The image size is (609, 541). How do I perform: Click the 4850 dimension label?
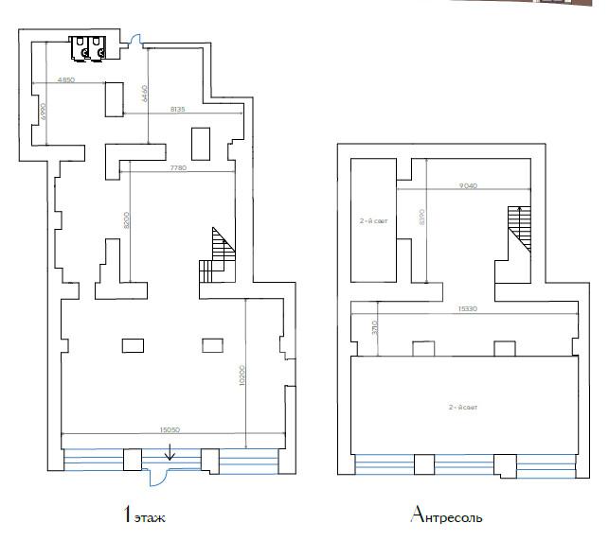(x=65, y=80)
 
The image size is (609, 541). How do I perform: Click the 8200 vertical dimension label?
(x=127, y=222)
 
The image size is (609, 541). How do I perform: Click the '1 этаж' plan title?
(x=150, y=516)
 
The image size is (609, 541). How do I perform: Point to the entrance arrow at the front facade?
(x=170, y=455)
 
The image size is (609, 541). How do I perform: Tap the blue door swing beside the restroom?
(x=135, y=41)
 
